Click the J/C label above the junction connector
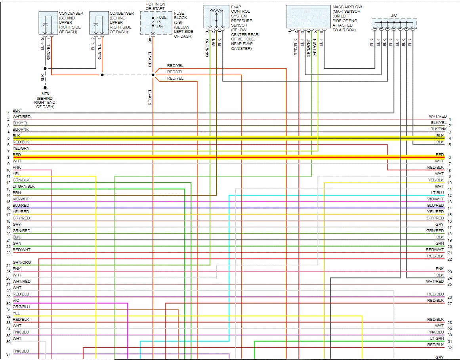pos(393,15)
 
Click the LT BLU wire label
pos(437,192)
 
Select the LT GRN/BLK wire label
pos(24,186)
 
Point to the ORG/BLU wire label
pos(21,307)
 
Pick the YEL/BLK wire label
pos(436,180)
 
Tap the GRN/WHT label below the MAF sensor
pos(309,46)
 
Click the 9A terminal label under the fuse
pos(150,40)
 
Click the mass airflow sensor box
pos(307,17)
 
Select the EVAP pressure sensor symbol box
pos(216,17)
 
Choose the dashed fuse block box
pos(156,23)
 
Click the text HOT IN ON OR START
pos(155,6)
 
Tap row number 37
pos(8,354)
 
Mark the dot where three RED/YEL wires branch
pos(153,74)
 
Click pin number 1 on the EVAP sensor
pos(220,31)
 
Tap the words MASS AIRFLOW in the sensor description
pos(347,7)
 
